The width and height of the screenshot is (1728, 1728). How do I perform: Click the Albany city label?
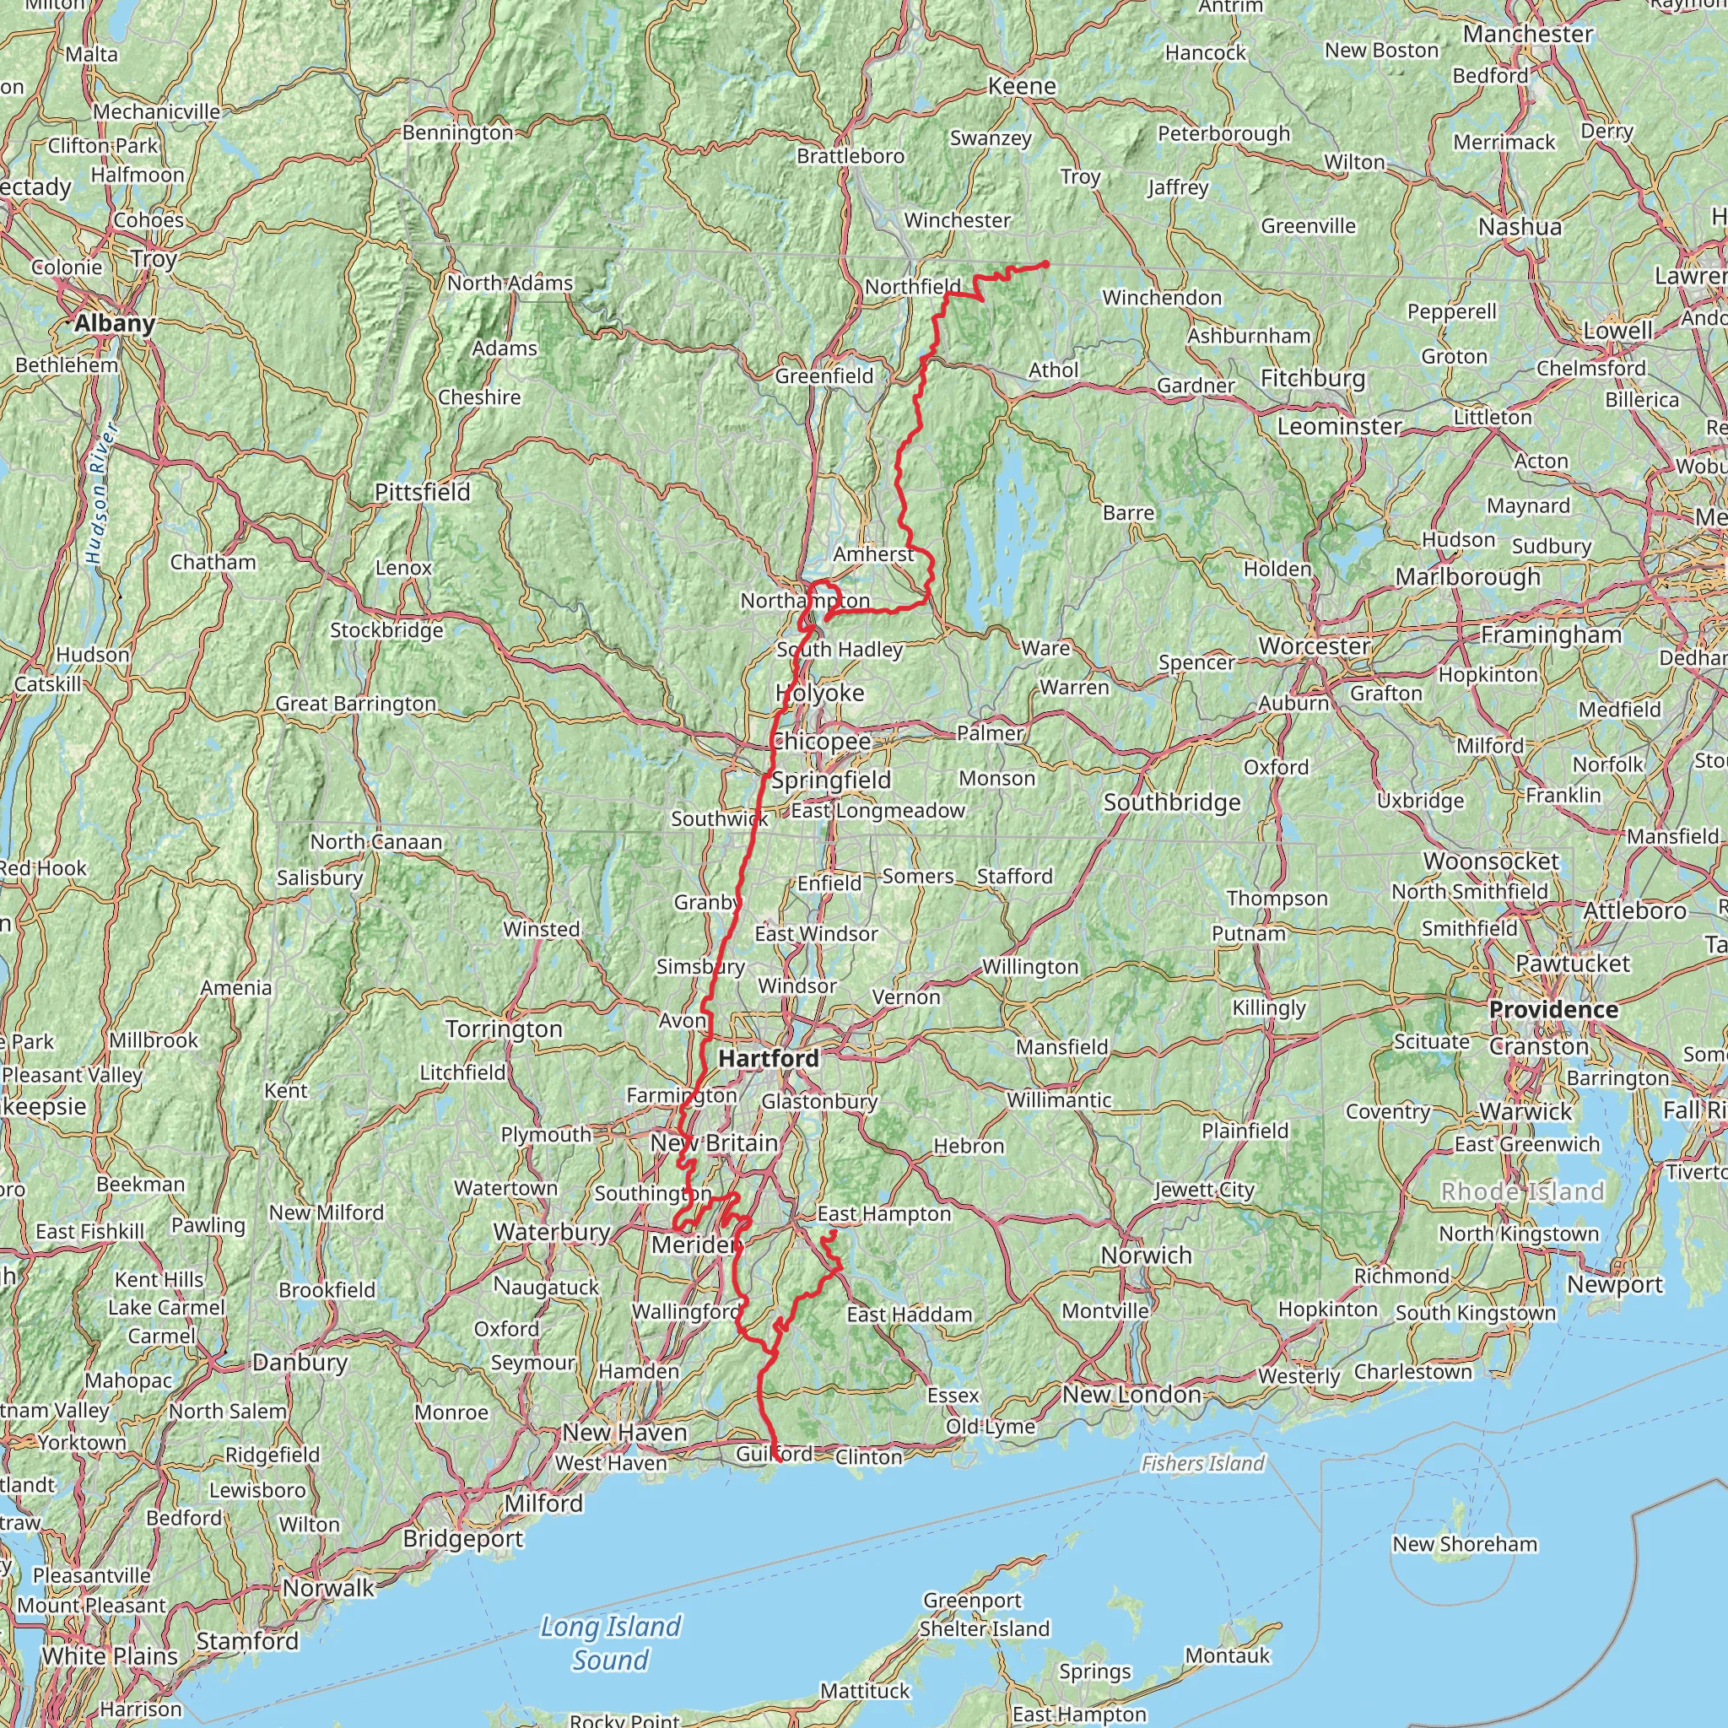tap(115, 323)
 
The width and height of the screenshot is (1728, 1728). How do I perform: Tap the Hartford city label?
tap(769, 1058)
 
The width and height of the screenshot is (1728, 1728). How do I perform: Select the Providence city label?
tap(1552, 1009)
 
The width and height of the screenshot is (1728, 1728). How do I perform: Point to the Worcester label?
tap(1314, 645)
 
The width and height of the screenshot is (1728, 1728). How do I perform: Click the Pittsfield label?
tap(422, 492)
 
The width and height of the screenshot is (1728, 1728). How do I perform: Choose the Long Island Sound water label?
tap(611, 1642)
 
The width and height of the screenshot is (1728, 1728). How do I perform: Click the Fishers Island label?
tap(1202, 1463)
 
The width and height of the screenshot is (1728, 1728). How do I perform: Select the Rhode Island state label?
tap(1521, 1191)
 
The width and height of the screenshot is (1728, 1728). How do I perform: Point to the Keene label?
tap(1022, 86)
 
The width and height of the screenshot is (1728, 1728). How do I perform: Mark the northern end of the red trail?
tap(1045, 264)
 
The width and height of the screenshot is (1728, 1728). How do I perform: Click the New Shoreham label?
tap(1464, 1543)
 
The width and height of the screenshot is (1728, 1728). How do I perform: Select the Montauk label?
tap(1227, 1655)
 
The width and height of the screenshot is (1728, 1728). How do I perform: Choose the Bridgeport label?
tap(462, 1538)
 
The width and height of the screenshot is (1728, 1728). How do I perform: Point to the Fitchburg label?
tap(1313, 378)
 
